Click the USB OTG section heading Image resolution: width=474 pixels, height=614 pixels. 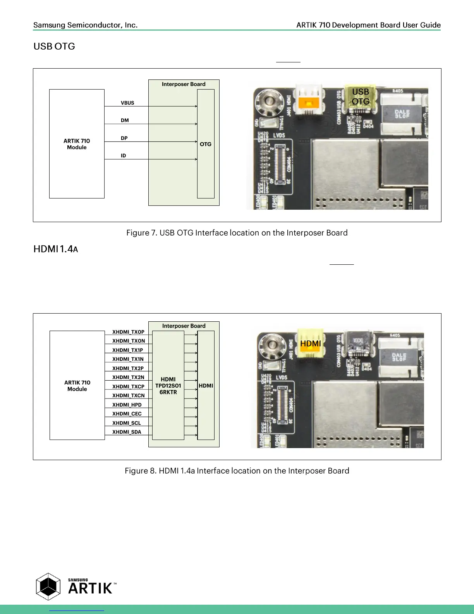tap(54, 47)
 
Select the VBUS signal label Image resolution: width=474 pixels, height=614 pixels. tap(127, 103)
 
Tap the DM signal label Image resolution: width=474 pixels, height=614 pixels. tap(125, 121)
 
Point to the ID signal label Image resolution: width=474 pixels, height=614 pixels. tap(123, 156)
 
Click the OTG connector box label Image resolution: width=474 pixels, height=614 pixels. tap(206, 144)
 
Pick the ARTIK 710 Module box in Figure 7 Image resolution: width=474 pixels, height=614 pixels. tap(77, 144)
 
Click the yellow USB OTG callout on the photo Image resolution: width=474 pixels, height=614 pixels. tap(361, 97)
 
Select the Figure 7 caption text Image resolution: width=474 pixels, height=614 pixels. tap(237, 233)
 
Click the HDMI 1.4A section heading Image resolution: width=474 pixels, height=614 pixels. tap(56, 249)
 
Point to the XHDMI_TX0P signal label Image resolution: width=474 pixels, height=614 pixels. tap(128, 332)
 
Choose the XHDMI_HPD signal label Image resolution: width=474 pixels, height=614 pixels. tap(127, 405)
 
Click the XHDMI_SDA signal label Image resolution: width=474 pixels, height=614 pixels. tap(127, 432)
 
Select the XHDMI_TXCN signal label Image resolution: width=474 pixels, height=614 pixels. tap(129, 396)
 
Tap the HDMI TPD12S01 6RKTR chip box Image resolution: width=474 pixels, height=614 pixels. tap(168, 386)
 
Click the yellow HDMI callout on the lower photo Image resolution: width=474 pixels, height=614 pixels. tap(311, 344)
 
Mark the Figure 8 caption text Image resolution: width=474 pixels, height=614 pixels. tap(237, 471)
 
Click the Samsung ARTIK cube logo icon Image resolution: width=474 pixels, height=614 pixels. tap(48, 586)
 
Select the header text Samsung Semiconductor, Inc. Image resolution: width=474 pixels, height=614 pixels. tap(85, 25)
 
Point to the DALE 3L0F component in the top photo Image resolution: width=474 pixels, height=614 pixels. tap(402, 114)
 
